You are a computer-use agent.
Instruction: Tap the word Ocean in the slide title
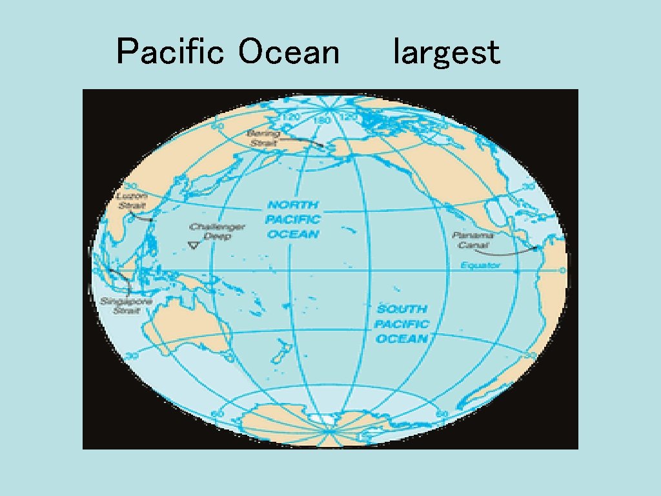(x=289, y=52)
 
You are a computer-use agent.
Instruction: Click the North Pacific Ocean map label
(x=293, y=220)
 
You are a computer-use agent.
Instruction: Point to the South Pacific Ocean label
(x=402, y=324)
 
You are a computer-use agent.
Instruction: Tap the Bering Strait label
(x=263, y=138)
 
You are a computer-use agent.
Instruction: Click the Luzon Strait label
(x=131, y=201)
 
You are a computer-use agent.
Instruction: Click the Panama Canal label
(x=473, y=240)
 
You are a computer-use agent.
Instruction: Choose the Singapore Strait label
(x=126, y=305)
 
